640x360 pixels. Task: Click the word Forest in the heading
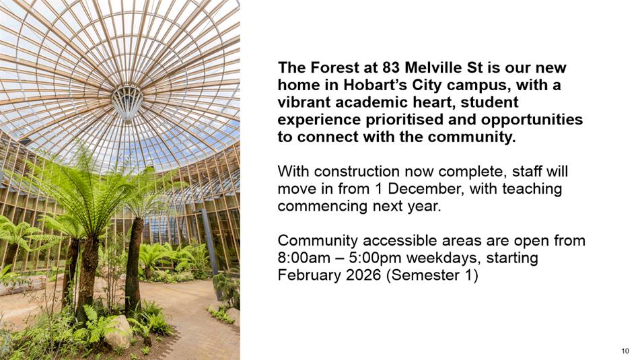point(336,67)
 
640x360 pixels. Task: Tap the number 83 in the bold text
point(392,67)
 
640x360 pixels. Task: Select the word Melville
point(433,67)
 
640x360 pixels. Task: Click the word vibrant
point(304,102)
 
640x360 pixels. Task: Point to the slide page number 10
point(625,351)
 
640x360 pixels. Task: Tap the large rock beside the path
point(118,332)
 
